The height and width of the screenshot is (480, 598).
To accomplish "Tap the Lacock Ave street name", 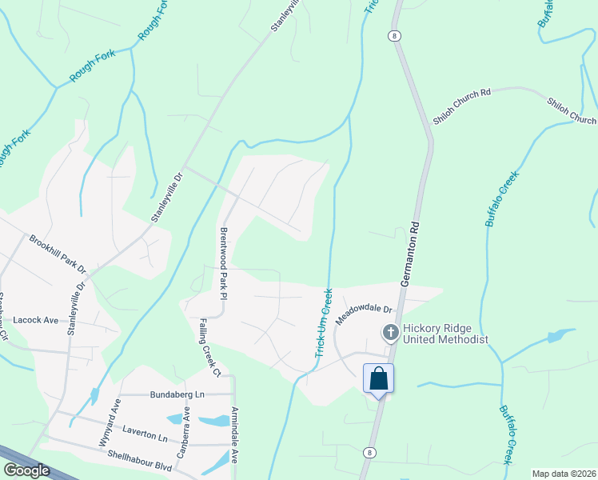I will point(36,320).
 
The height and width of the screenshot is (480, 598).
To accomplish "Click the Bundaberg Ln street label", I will point(177,394).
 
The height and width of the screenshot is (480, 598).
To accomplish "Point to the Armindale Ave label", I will point(235,445).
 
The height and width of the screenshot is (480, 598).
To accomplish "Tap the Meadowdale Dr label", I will point(366,314).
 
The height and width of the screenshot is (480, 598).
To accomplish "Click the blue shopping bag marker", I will point(379,378).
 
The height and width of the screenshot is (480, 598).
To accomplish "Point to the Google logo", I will point(26,470).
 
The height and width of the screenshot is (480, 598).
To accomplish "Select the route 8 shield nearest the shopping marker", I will point(368,452).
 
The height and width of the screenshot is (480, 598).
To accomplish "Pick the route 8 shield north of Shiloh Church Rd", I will point(393,36).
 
